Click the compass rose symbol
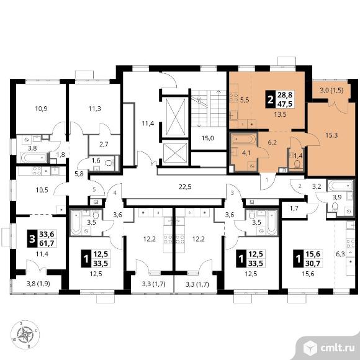pyautogui.click(x=25, y=335)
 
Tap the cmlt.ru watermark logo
pyautogui.click(x=330, y=349)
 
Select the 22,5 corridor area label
pyautogui.click(x=185, y=187)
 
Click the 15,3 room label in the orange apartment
pyautogui.click(x=331, y=135)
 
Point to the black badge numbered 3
pyautogui.click(x=32, y=238)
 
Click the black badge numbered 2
pyautogui.click(x=271, y=99)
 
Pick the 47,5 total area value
pyautogui.click(x=285, y=104)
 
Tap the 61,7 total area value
pyautogui.click(x=47, y=243)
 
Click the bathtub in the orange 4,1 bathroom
pyautogui.click(x=243, y=140)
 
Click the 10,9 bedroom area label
pyautogui.click(x=42, y=109)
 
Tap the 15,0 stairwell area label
pyautogui.click(x=207, y=138)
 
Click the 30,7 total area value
pyautogui.click(x=312, y=263)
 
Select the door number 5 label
pyautogui.click(x=94, y=190)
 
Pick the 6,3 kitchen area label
pyautogui.click(x=340, y=254)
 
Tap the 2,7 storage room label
pyautogui.click(x=104, y=145)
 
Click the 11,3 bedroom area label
pyautogui.click(x=95, y=109)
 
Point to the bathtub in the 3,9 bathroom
pyautogui.click(x=341, y=186)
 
